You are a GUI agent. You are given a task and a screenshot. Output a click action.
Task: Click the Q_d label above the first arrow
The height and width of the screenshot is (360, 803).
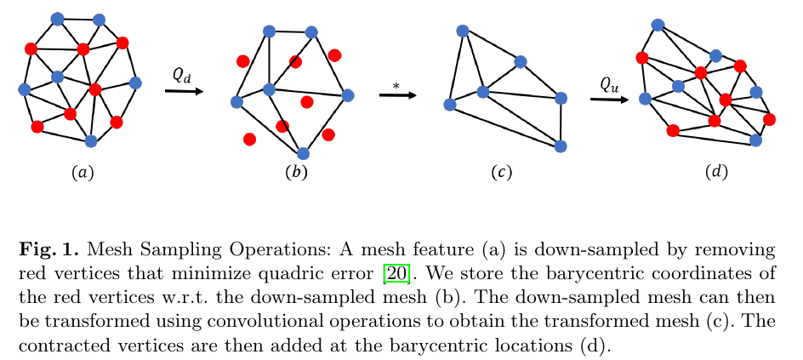[182, 75]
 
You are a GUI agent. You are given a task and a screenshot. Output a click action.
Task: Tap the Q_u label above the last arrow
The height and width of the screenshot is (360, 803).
[609, 83]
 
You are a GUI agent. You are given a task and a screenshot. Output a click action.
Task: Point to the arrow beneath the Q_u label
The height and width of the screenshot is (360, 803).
[609, 100]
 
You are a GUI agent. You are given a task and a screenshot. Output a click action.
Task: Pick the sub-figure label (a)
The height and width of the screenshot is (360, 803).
[82, 173]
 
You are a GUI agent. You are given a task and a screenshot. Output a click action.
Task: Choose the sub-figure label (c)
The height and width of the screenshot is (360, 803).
[501, 173]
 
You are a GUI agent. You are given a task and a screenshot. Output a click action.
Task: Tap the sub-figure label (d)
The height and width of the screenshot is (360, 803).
[716, 173]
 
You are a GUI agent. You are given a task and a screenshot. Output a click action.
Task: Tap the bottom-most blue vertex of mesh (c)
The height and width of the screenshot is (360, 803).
[561, 146]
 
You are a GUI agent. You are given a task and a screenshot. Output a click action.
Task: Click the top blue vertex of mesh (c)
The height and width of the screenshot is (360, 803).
[463, 31]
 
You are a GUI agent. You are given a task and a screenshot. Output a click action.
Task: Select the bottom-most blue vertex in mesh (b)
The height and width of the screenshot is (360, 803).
[303, 153]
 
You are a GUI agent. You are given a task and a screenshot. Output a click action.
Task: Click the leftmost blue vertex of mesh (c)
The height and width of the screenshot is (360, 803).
[450, 105]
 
